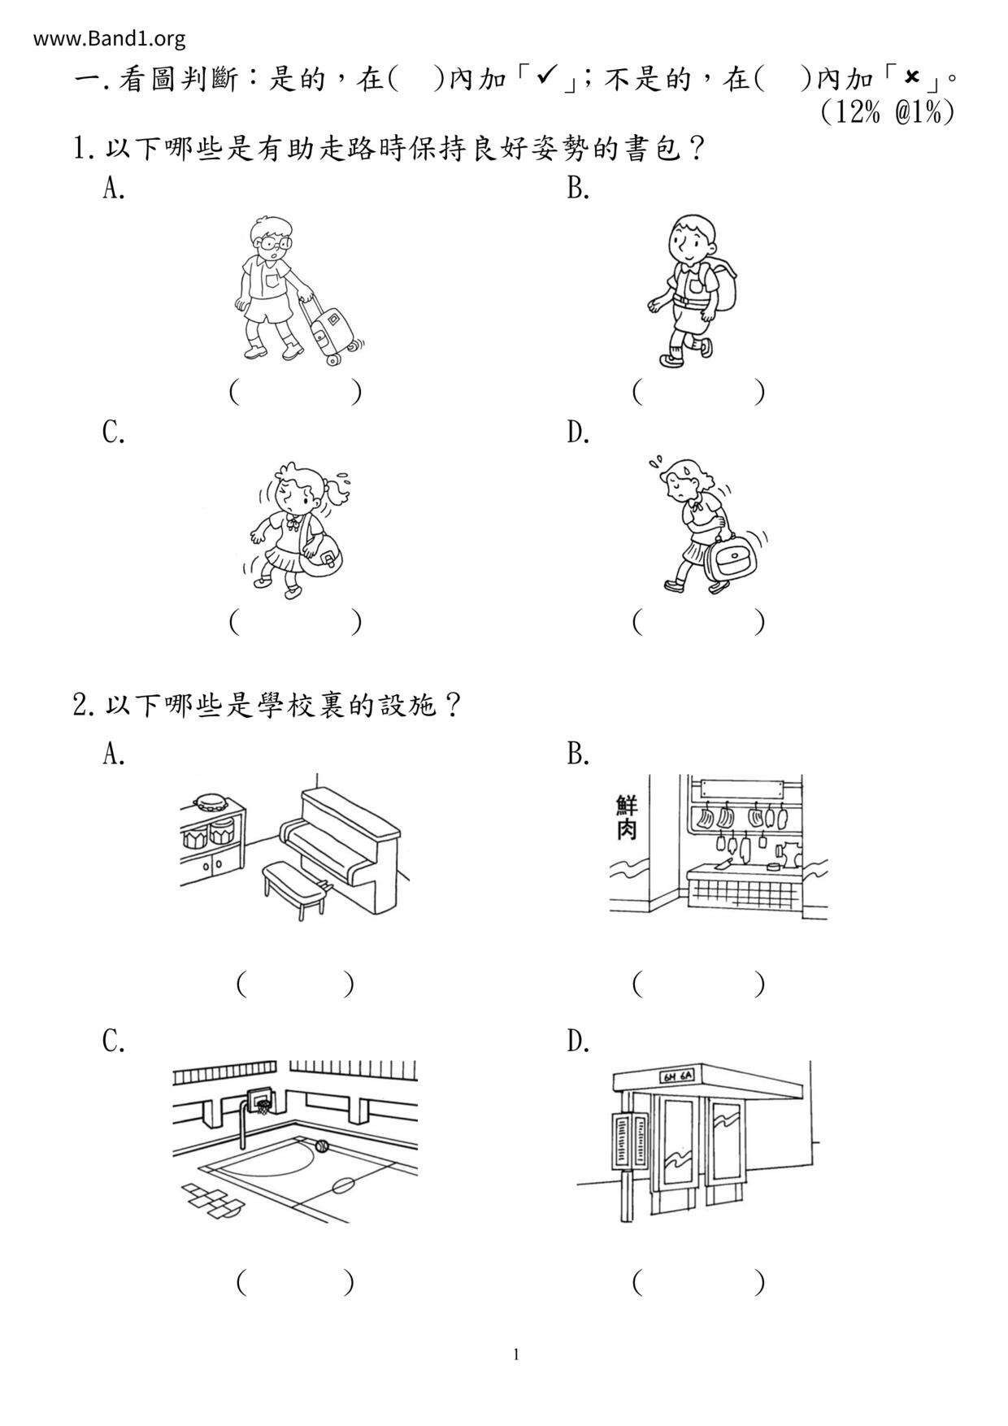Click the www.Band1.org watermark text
pos(110,38)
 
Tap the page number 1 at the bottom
pos(515,1354)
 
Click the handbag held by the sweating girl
pos(728,560)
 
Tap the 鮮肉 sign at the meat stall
pos(627,818)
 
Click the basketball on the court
pos(321,1146)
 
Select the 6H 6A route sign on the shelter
pos(676,1078)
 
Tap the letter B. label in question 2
pos(578,755)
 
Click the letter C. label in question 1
pos(114,433)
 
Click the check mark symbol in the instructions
pos(546,77)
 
